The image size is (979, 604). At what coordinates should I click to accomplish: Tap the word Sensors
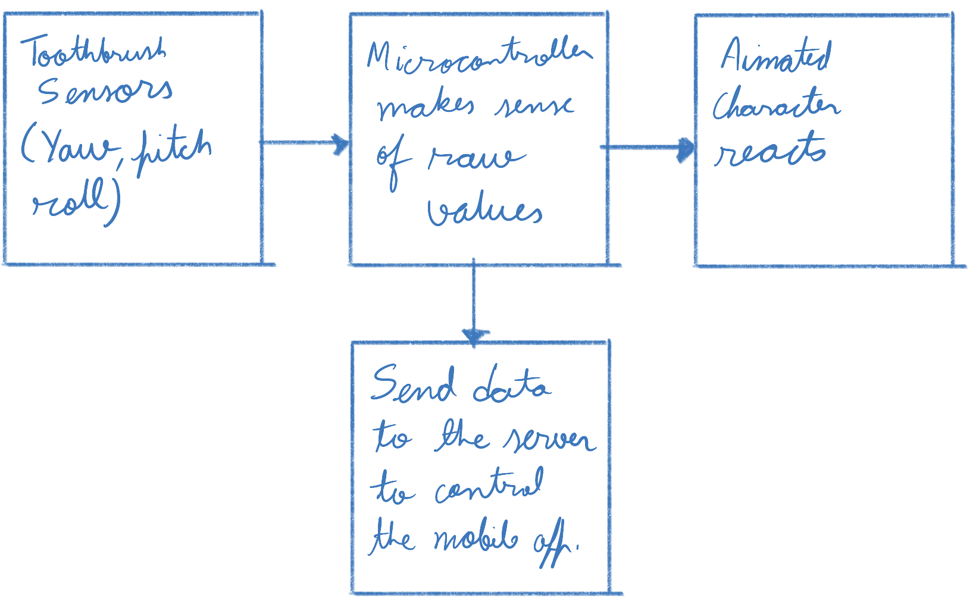coord(105,91)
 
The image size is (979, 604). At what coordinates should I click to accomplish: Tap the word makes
coord(426,107)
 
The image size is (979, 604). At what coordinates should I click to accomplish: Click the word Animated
coord(776,57)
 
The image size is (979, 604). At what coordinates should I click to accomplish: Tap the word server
coord(548,439)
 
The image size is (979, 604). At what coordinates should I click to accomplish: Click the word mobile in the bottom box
coord(476,539)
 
